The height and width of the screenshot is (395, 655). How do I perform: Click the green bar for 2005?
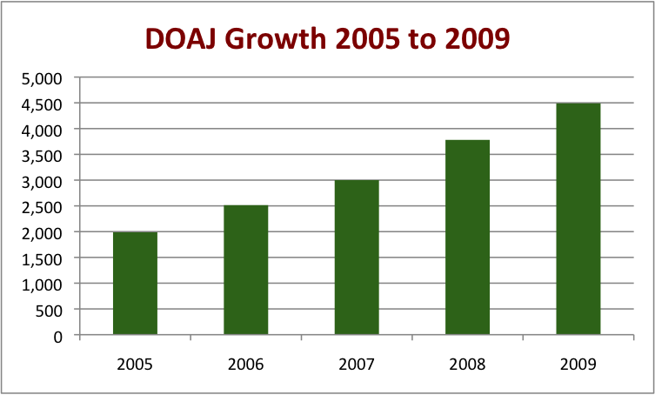pyautogui.click(x=135, y=284)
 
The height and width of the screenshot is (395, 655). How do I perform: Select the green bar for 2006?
pyautogui.click(x=245, y=270)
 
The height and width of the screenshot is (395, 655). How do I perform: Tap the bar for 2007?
pyautogui.click(x=357, y=258)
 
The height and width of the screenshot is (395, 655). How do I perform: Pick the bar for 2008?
pyautogui.click(x=467, y=238)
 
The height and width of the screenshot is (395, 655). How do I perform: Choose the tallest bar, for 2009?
pyautogui.click(x=578, y=219)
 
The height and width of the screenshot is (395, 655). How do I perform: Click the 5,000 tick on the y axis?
pyautogui.click(x=46, y=78)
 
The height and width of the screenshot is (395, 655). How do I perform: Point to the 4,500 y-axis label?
pyautogui.click(x=46, y=104)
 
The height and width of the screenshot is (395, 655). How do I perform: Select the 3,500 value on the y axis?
pyautogui.click(x=46, y=155)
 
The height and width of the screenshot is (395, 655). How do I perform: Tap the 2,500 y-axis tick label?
pyautogui.click(x=46, y=207)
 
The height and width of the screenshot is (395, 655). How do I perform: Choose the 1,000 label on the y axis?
pyautogui.click(x=46, y=284)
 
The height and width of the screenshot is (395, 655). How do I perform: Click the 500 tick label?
pyautogui.click(x=53, y=310)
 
